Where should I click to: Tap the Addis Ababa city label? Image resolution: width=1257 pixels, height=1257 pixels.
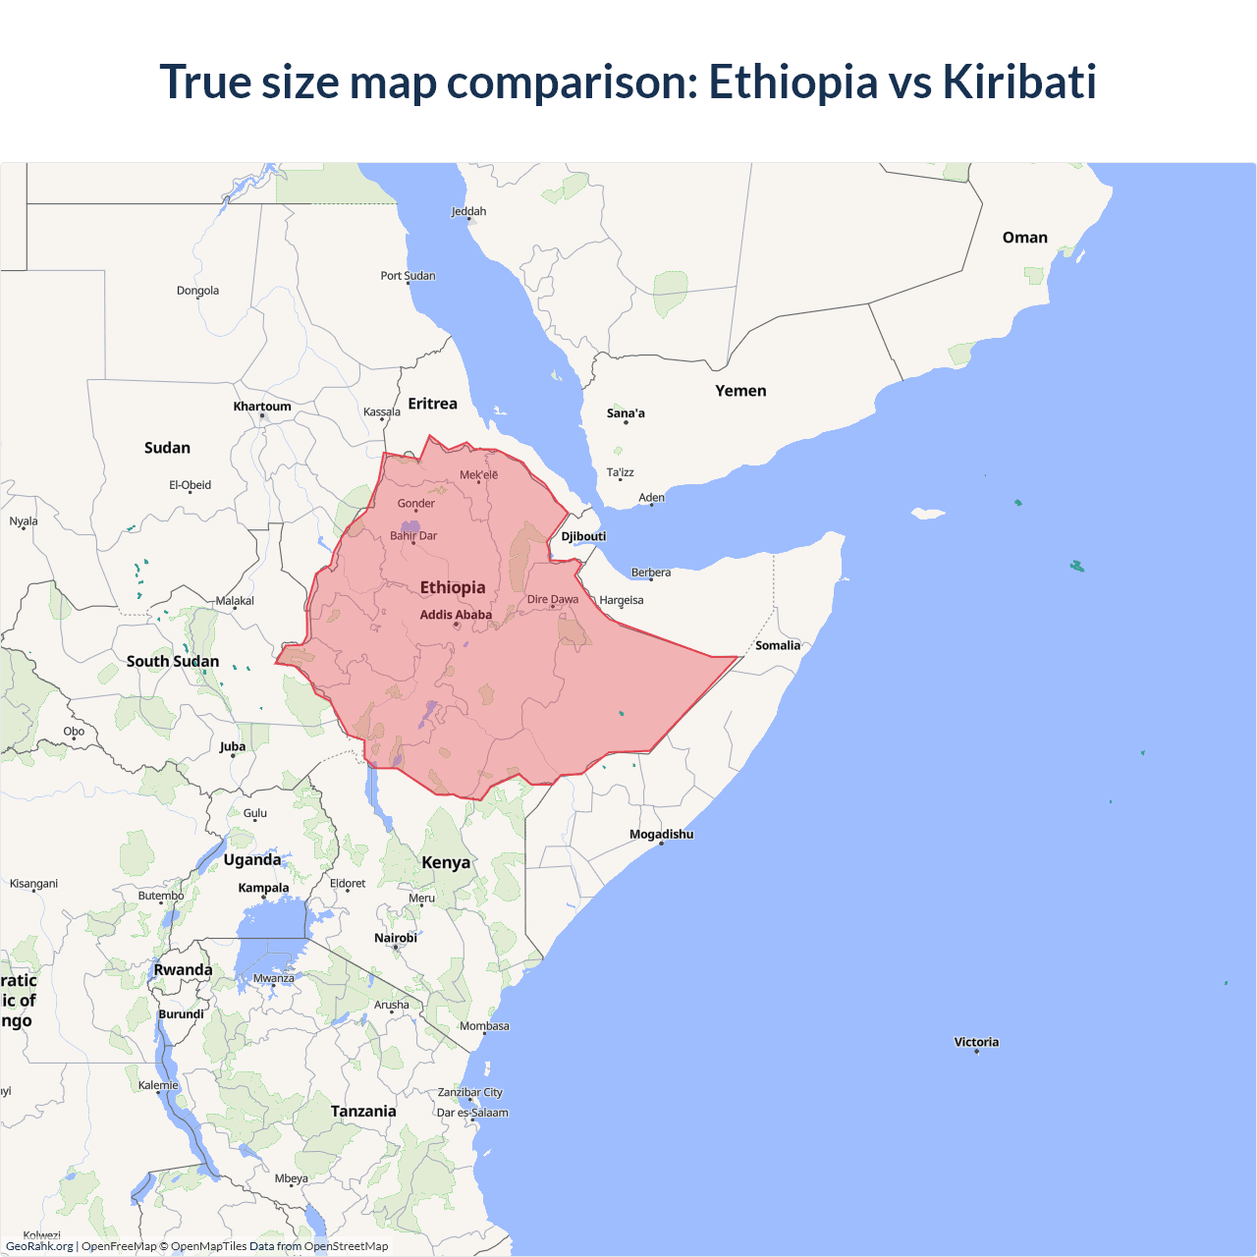(x=456, y=615)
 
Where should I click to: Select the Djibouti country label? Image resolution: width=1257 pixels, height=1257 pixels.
(x=583, y=536)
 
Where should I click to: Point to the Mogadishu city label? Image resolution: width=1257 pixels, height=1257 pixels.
(x=661, y=834)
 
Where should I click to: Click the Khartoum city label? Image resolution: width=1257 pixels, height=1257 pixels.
(x=262, y=407)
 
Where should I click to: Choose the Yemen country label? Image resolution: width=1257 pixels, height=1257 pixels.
(x=740, y=391)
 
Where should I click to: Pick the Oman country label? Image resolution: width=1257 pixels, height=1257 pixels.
(x=1024, y=238)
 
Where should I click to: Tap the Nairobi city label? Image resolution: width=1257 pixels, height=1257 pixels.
(x=396, y=938)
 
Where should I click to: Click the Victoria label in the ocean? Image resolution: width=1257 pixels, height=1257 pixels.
(x=976, y=1042)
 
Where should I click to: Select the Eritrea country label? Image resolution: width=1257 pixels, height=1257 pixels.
(x=432, y=404)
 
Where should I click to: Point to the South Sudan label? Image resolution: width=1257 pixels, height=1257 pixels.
(x=173, y=661)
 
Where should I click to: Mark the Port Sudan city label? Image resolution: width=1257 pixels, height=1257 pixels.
(x=408, y=276)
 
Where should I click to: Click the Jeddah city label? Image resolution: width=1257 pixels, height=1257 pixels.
(x=468, y=211)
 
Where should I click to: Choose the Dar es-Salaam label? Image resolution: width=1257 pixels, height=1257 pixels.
(x=472, y=1113)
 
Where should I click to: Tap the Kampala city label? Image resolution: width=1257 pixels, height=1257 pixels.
(x=263, y=888)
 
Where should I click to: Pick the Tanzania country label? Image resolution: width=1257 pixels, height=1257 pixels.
(x=363, y=1111)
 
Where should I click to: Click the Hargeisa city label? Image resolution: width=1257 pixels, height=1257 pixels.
(x=622, y=600)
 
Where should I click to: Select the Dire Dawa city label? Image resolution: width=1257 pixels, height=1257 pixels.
(x=553, y=599)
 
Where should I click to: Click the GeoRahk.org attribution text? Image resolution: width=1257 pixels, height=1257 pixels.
(x=39, y=1246)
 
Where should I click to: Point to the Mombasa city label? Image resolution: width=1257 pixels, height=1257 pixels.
(x=484, y=1026)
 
